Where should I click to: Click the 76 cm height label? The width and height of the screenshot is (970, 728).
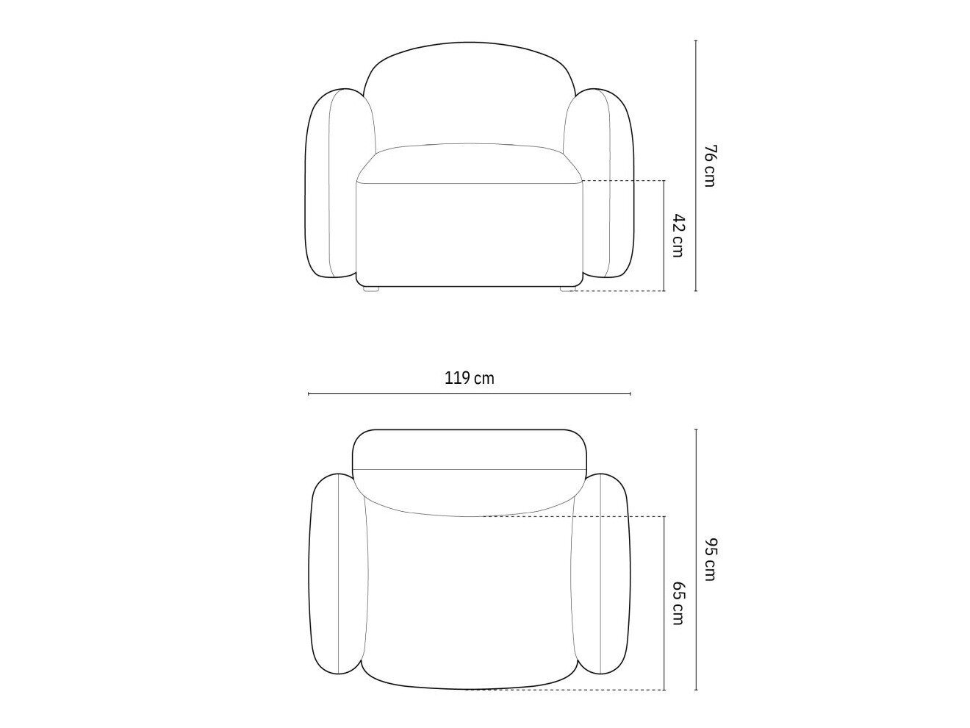(x=710, y=165)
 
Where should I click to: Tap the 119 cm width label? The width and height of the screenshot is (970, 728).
(x=470, y=379)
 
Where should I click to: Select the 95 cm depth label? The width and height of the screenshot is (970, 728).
(x=710, y=559)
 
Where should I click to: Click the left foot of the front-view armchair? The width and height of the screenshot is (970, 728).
(x=371, y=289)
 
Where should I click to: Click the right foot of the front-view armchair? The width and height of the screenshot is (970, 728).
(x=568, y=289)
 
